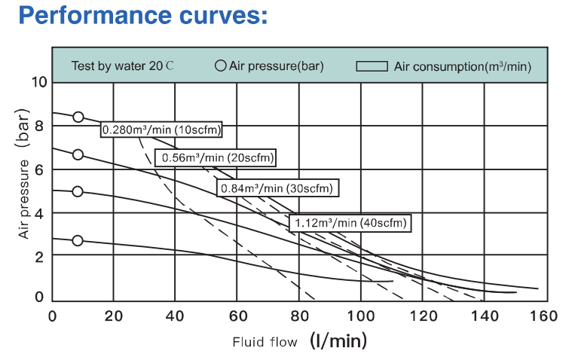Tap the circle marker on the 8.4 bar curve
[x=78, y=117]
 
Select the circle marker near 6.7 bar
[x=78, y=154]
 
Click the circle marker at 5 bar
[x=78, y=191]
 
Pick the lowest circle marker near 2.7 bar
[x=78, y=240]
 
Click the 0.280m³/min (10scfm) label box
[x=161, y=130]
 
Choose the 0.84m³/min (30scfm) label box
[x=277, y=188]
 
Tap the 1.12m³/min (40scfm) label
[x=350, y=222]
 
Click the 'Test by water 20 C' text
[x=123, y=66]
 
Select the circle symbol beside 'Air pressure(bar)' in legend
[x=221, y=66]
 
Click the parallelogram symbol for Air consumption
[x=372, y=66]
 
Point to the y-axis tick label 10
[x=38, y=82]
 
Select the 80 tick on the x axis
[x=298, y=316]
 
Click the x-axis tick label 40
[x=175, y=316]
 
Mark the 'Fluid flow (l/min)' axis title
[x=299, y=342]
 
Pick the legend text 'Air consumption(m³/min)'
[x=463, y=66]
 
